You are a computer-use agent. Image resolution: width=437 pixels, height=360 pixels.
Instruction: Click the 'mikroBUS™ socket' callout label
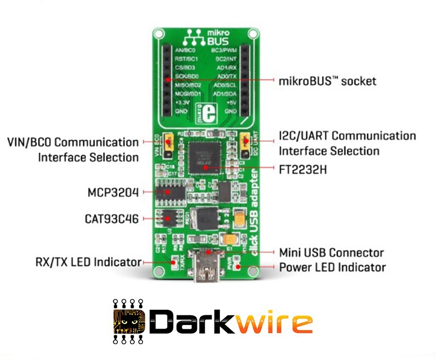[x=327, y=81]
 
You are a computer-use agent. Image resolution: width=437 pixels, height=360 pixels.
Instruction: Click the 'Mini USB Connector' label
[x=331, y=253]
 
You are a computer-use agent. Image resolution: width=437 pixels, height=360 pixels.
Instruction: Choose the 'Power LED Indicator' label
[x=332, y=268]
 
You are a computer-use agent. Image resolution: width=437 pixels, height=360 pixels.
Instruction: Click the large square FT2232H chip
[x=206, y=158]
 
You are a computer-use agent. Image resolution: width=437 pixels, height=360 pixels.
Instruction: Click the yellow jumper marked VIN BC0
[x=168, y=141]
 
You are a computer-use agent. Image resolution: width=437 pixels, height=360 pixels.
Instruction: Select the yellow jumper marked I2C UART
[x=245, y=140]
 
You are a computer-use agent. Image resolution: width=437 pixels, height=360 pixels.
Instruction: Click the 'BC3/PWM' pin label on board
[x=224, y=50]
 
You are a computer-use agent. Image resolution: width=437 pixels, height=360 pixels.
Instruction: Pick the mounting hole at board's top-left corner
[x=158, y=34]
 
